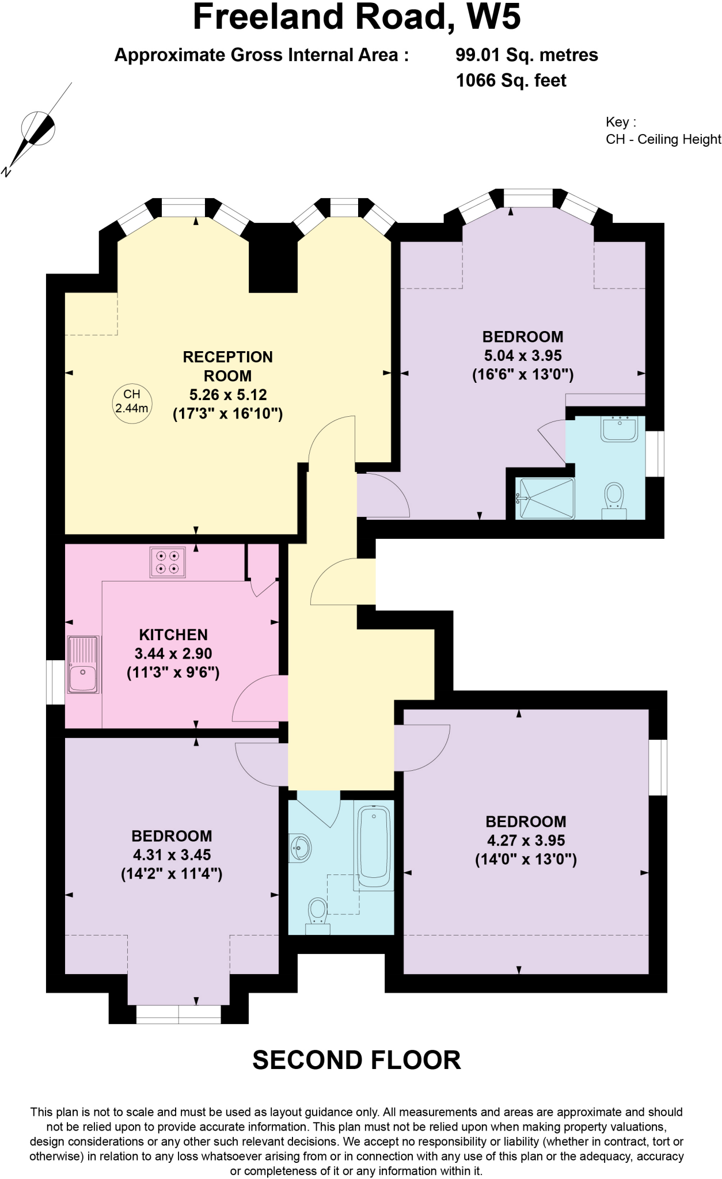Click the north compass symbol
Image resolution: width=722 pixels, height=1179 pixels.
[x=37, y=128]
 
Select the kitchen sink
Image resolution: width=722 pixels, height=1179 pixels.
[x=83, y=664]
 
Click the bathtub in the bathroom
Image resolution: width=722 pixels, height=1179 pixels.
[x=374, y=847]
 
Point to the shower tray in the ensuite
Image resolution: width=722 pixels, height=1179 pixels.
[x=545, y=498]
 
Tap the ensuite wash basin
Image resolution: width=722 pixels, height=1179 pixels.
[x=620, y=429]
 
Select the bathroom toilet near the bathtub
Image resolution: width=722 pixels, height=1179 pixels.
[x=317, y=916]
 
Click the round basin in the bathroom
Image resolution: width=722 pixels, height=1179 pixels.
[x=301, y=848]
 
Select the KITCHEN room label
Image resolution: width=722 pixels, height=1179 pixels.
[x=173, y=635]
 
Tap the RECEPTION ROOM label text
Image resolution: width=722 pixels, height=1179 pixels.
[x=228, y=366]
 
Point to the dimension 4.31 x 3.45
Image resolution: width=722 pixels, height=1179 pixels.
[x=172, y=855]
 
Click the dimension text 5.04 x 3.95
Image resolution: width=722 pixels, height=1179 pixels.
[x=523, y=356]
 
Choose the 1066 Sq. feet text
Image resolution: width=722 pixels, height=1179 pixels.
[x=511, y=81]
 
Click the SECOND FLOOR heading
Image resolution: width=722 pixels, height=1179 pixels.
[x=356, y=1060]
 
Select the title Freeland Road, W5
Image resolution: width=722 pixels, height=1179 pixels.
[x=356, y=17]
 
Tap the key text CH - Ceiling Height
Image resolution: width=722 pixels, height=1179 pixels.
[x=663, y=139]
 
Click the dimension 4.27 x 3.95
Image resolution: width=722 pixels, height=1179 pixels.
[x=526, y=840]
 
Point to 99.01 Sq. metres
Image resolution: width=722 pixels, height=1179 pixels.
[x=526, y=55]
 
